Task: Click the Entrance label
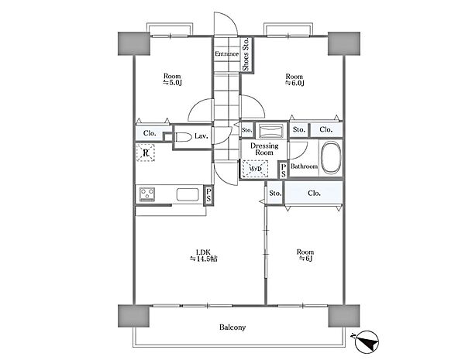(226, 54)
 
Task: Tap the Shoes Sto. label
(246, 54)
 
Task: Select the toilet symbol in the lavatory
(184, 138)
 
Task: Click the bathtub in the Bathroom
(331, 158)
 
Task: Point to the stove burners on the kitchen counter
(147, 194)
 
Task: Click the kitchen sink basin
(188, 194)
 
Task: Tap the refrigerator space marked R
(146, 153)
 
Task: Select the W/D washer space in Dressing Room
(255, 169)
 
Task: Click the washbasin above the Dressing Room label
(270, 131)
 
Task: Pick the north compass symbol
(367, 342)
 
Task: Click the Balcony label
(232, 327)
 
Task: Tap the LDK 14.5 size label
(203, 255)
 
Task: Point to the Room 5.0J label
(172, 80)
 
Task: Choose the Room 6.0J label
(294, 80)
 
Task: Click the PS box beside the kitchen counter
(208, 194)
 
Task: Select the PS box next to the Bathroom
(284, 170)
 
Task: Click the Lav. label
(201, 136)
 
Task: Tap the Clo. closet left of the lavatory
(150, 133)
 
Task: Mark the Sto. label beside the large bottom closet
(275, 194)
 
